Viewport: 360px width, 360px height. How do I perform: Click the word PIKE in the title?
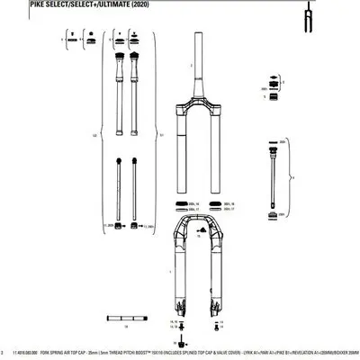pyautogui.click(x=13, y=4)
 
